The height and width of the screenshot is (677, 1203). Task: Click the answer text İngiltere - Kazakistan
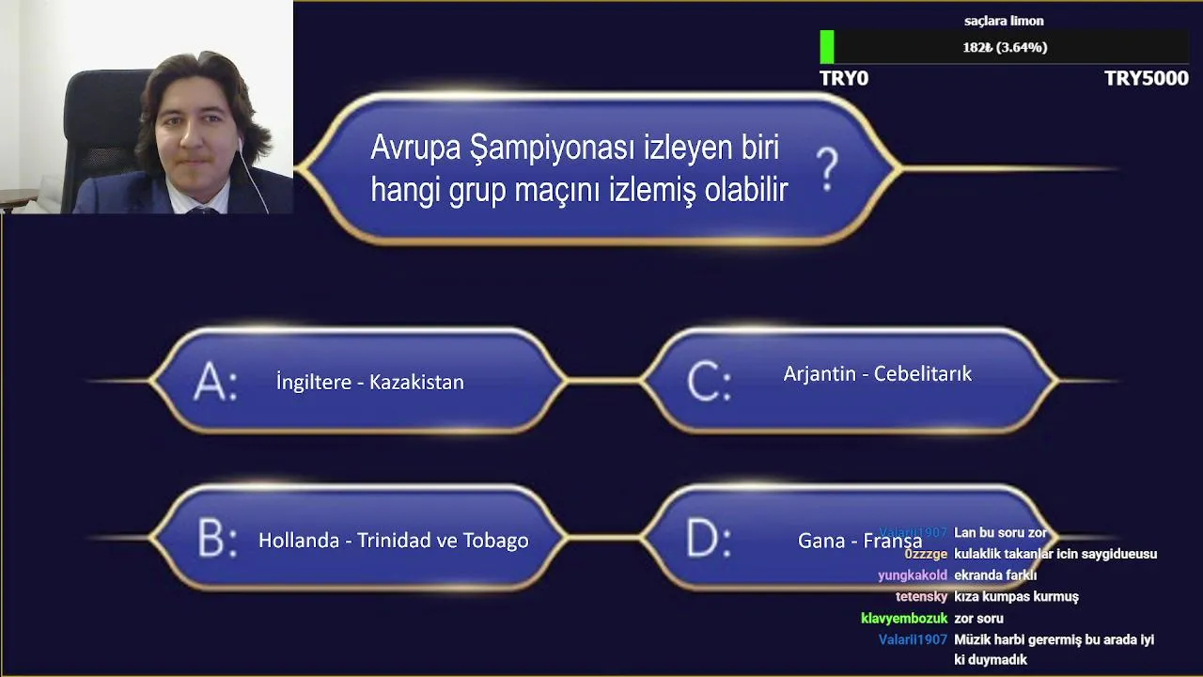(x=370, y=382)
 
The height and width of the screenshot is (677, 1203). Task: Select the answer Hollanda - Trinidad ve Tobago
(x=394, y=540)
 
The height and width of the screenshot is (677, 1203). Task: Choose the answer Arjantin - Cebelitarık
(x=878, y=373)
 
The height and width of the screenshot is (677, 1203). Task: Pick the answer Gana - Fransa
(x=860, y=540)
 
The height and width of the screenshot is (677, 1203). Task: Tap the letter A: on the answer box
(x=215, y=381)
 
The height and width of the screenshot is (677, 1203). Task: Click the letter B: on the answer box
(x=217, y=538)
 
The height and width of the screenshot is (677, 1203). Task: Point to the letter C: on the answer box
(x=710, y=381)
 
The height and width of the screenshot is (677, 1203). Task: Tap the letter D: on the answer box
(x=709, y=538)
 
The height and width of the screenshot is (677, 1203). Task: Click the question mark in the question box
(x=827, y=170)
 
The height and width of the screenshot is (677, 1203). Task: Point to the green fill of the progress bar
(x=827, y=47)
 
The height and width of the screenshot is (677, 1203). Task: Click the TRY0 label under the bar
(x=844, y=78)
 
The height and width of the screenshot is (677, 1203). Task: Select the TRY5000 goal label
(x=1147, y=78)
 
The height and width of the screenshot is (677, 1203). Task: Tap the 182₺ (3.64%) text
(x=1005, y=47)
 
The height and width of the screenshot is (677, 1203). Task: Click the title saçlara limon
(x=1004, y=21)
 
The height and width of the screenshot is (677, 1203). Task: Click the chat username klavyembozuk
(x=904, y=619)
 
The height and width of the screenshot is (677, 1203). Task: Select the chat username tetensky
(x=922, y=596)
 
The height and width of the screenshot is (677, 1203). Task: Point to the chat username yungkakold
(x=913, y=575)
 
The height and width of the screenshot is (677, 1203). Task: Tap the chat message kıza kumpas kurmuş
(x=1016, y=596)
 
